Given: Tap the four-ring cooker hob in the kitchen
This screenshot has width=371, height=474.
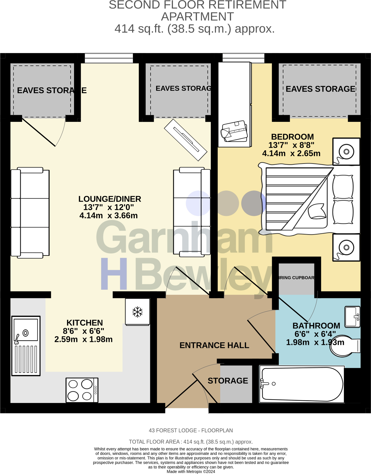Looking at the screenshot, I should (82, 390).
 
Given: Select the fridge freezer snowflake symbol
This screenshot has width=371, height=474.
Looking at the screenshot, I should (137, 312).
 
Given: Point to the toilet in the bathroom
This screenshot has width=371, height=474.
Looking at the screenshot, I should (345, 346).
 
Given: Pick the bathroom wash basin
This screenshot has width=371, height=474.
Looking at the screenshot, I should (352, 316).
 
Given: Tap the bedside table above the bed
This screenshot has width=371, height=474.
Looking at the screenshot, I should (346, 151).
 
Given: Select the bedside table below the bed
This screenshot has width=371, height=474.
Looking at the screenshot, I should (346, 248).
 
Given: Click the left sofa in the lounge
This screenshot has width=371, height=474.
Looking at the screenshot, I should (30, 213).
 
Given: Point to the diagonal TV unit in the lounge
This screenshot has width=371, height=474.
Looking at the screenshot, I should (186, 140).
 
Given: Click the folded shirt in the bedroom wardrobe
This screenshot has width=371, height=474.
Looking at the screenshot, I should (234, 131).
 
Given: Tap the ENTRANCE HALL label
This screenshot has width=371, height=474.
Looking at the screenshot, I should (214, 345).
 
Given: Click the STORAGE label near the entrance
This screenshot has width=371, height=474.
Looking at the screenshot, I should (228, 381).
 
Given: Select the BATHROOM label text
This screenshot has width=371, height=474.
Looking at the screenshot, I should (316, 326).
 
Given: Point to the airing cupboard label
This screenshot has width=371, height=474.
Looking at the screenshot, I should (296, 278).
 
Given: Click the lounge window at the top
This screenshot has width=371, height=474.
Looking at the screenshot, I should (109, 58).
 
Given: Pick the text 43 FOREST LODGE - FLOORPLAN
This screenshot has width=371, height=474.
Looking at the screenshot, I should (191, 430).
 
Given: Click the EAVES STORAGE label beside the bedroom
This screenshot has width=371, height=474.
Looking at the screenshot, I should (320, 89).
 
